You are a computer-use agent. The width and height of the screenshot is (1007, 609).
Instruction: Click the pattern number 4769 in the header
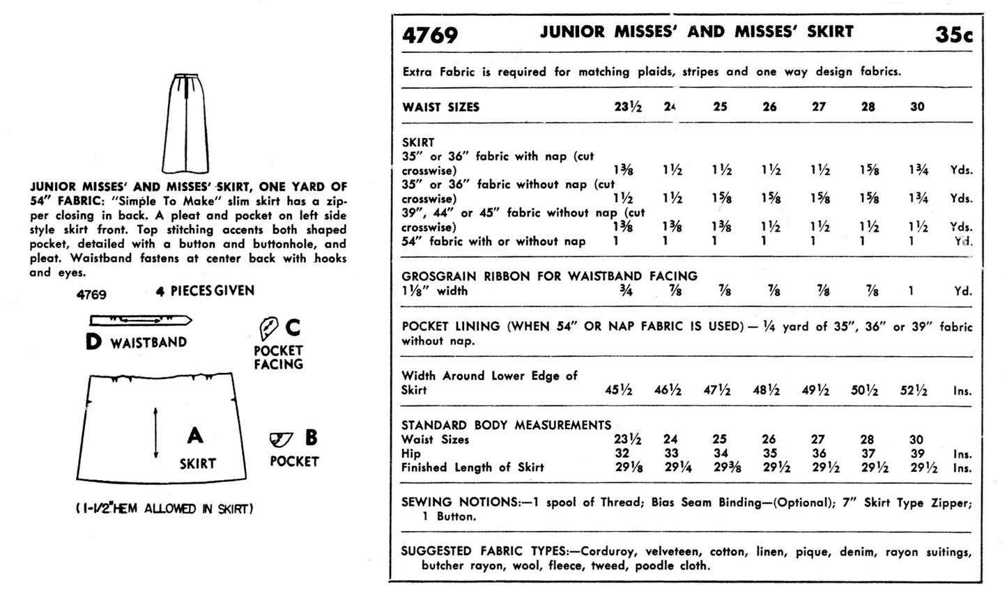430,34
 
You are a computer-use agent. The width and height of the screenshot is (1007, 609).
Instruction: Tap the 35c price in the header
953,34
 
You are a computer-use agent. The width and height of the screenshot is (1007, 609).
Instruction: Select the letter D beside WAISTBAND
93,342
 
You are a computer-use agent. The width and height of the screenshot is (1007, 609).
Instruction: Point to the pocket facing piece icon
268,327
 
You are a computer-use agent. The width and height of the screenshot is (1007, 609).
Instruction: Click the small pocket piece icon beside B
281,439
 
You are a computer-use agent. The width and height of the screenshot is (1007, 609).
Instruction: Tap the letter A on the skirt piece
195,435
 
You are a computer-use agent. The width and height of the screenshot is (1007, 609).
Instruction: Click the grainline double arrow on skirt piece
155,432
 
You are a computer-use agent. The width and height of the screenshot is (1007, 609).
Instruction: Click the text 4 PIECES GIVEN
206,291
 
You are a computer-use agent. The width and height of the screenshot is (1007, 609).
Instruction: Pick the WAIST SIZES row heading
440,107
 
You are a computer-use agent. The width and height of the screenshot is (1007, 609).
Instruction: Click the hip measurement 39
917,454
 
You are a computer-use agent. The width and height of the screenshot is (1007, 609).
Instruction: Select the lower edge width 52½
913,391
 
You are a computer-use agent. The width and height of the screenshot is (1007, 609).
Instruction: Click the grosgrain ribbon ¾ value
626,291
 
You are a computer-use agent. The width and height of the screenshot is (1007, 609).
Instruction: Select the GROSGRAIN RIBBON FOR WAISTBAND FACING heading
549,276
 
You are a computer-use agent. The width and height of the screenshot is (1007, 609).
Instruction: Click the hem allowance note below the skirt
164,509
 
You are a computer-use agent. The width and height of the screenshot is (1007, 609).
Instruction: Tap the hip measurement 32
622,454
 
